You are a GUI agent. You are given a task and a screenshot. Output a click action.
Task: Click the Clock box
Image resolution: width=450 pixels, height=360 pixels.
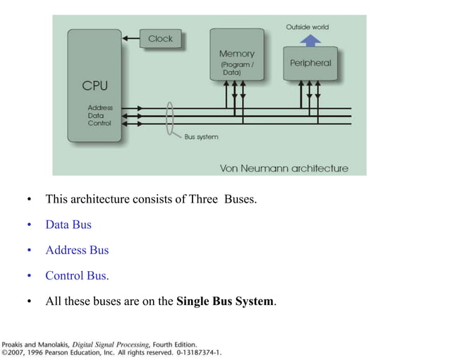coord(160,39)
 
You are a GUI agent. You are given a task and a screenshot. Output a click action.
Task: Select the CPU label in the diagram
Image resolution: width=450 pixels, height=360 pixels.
coord(95,85)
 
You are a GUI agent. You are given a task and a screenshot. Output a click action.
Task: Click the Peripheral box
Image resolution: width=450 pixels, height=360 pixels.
coord(310,63)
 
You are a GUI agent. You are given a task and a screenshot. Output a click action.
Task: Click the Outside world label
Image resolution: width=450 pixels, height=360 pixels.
coord(307,27)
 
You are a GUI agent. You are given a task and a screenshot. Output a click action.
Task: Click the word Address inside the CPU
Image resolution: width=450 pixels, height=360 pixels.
coord(100,108)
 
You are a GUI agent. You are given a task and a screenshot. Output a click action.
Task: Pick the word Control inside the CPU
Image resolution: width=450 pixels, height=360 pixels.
coord(99,124)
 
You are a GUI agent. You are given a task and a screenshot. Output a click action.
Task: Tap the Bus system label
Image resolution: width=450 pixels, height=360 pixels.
coord(201,137)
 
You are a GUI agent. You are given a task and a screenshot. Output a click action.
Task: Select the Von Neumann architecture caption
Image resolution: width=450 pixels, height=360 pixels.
coord(284,168)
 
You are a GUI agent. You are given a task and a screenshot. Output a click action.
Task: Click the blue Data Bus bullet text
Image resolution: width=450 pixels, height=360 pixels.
coord(68,224)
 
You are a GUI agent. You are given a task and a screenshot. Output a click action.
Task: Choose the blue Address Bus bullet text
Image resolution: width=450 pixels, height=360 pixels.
coord(77,250)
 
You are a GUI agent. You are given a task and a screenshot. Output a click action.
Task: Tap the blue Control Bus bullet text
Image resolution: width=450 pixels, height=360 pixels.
coord(77,275)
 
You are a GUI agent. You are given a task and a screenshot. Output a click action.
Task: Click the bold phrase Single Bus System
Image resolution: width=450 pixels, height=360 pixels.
coord(225,301)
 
